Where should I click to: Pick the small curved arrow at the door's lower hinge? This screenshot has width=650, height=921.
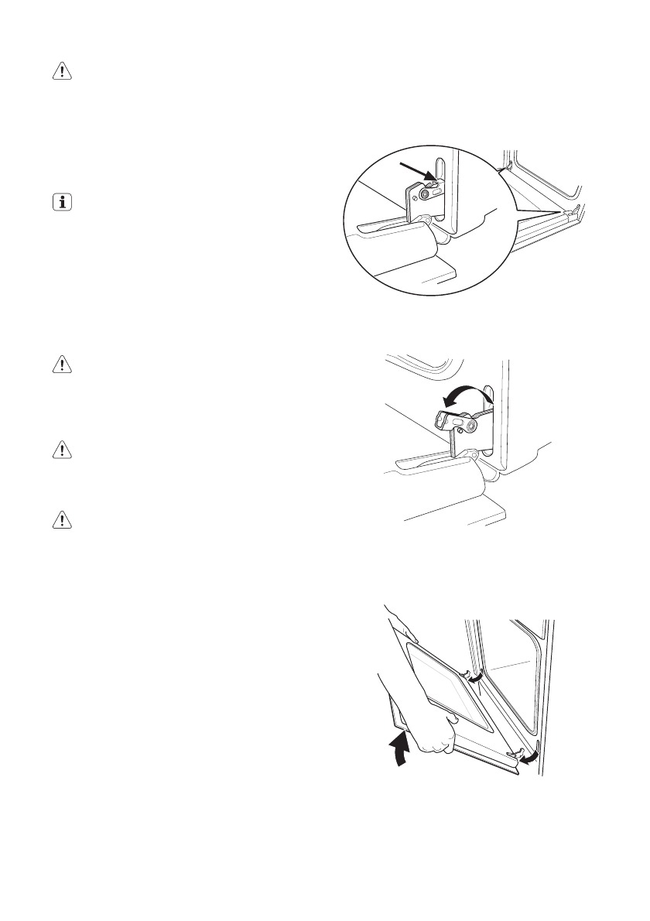pos(529,755)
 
